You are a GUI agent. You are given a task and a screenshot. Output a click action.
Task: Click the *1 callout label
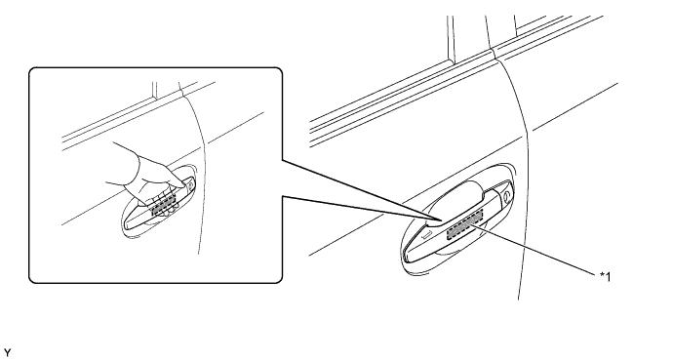click(605, 277)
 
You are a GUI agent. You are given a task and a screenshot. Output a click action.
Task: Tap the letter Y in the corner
click(7, 353)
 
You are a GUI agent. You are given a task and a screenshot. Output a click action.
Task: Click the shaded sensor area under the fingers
click(164, 204)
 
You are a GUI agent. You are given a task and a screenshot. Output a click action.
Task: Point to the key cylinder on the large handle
click(506, 195)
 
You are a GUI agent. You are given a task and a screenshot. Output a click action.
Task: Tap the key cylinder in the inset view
click(189, 185)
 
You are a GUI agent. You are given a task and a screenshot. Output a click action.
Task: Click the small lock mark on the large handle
click(427, 234)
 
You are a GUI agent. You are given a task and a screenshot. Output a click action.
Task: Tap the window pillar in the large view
click(451, 40)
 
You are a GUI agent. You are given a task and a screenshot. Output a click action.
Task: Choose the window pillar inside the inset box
click(154, 91)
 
